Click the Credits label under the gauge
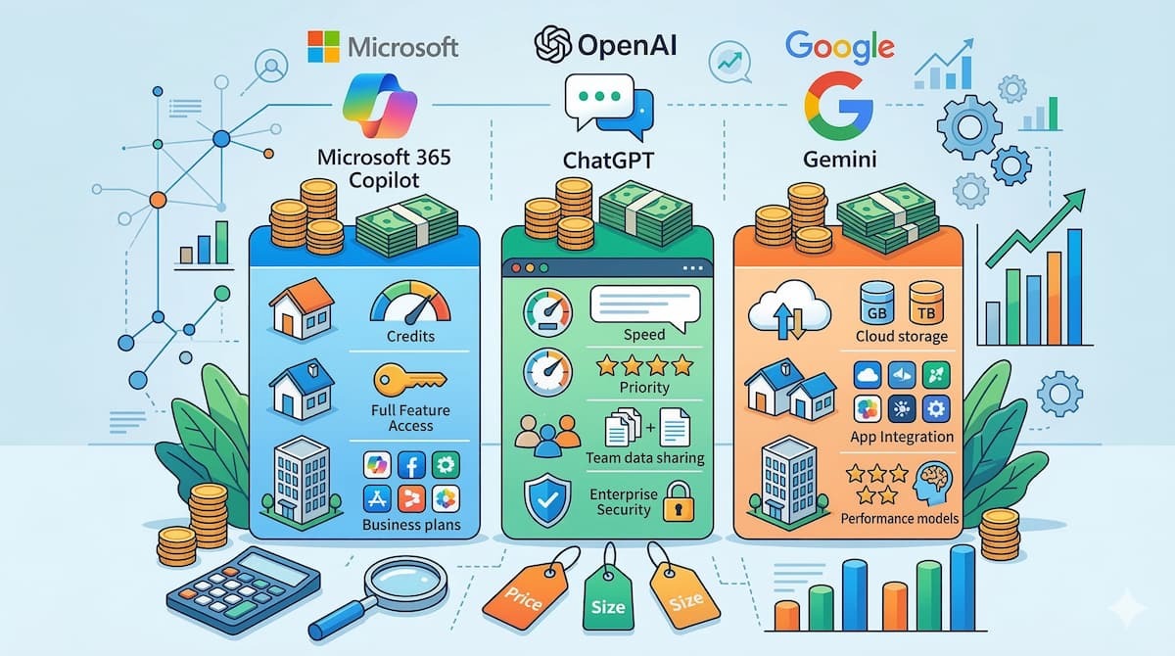tap(411, 336)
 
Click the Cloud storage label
tap(902, 336)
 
